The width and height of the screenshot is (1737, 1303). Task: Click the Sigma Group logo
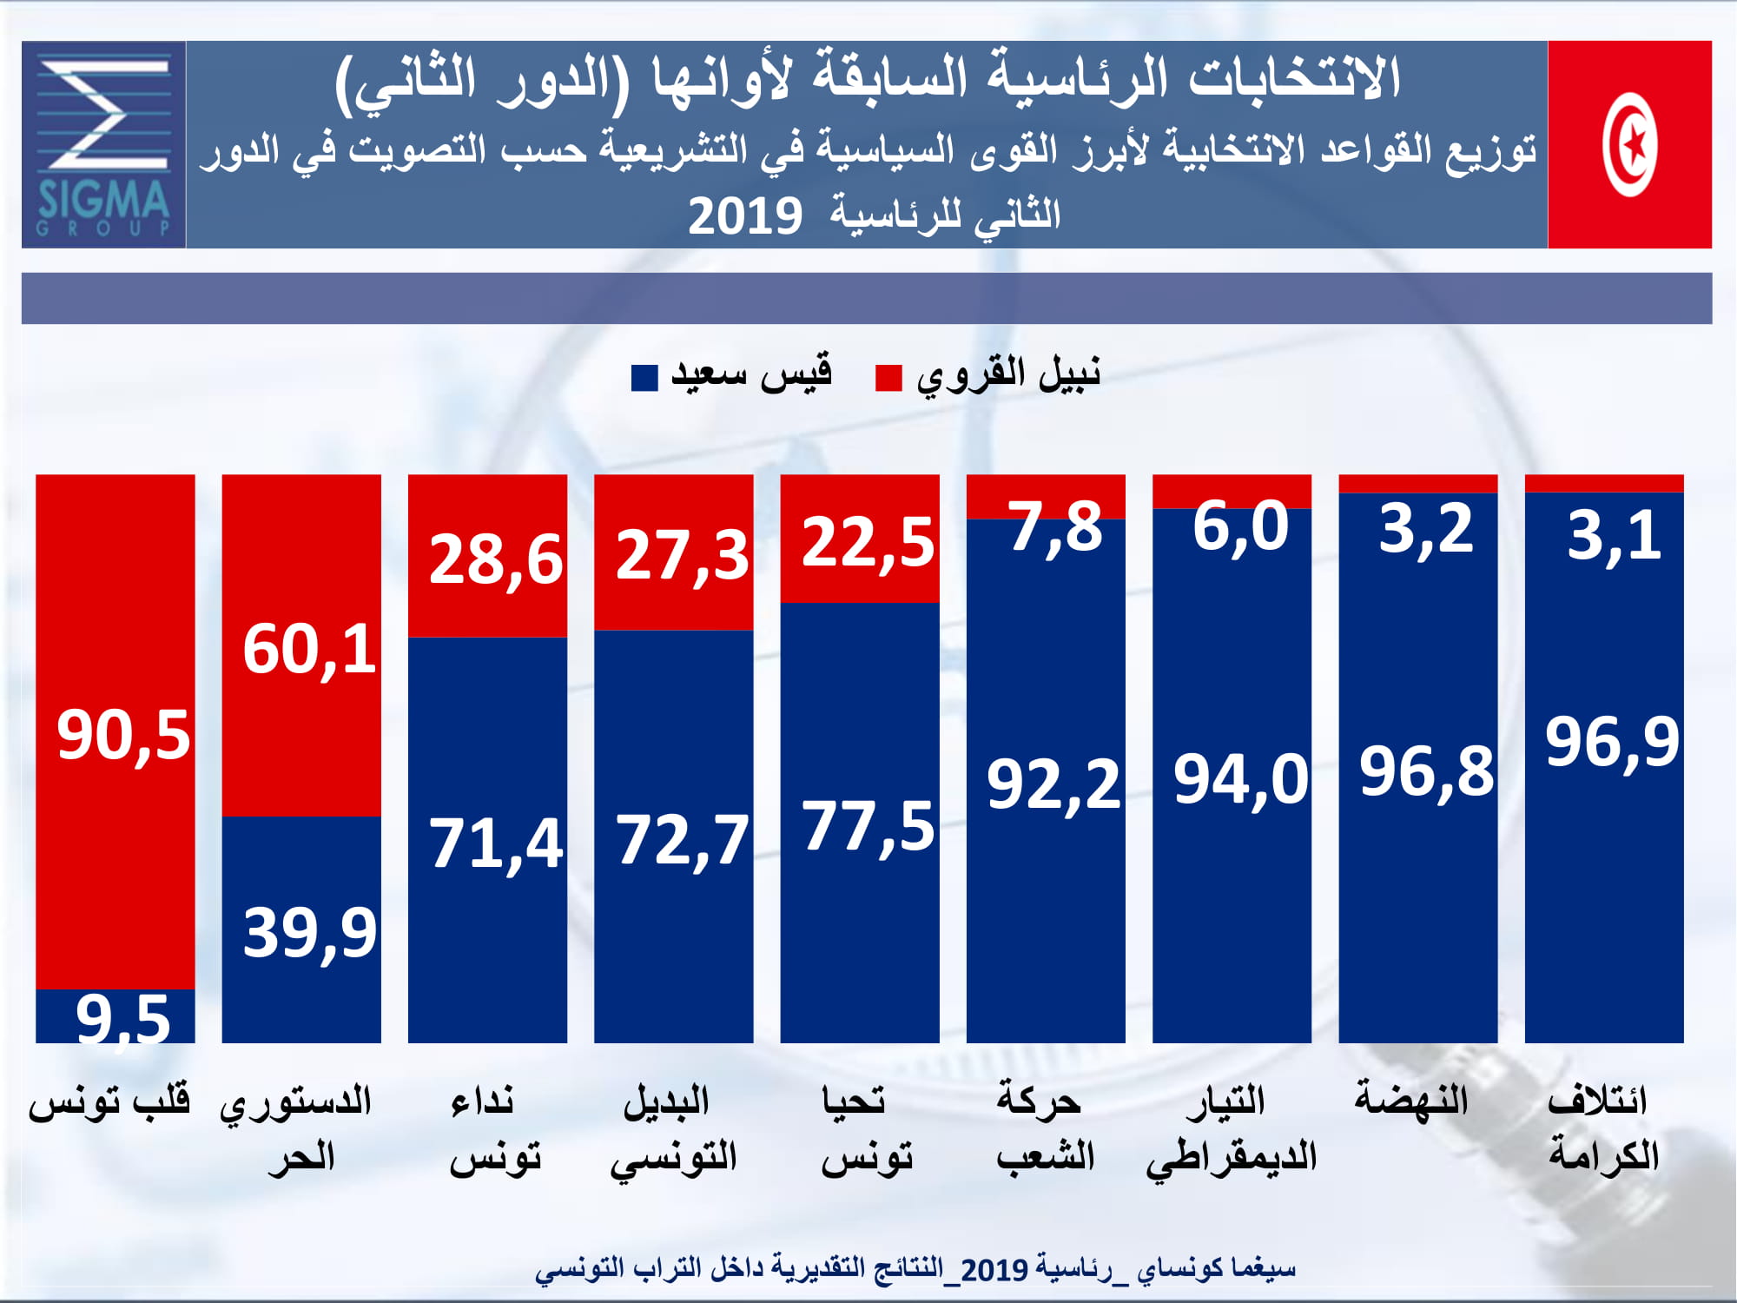click(103, 144)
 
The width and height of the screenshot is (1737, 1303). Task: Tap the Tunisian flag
click(1629, 144)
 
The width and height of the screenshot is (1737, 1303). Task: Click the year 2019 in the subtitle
click(744, 216)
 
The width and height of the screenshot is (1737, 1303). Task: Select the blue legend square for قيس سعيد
click(644, 378)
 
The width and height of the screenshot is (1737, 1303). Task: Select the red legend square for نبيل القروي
click(888, 378)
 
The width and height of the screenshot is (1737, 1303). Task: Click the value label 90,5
click(123, 735)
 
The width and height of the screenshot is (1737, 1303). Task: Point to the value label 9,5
click(123, 1018)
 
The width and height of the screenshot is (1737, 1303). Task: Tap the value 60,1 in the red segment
click(309, 650)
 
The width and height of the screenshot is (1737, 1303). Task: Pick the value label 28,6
click(496, 559)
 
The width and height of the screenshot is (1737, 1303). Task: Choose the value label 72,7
click(682, 840)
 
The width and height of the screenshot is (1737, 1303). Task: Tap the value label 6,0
click(1240, 526)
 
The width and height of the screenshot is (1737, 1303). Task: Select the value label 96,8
click(1426, 771)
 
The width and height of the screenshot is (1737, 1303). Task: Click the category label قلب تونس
click(109, 1101)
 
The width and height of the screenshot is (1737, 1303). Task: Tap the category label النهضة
click(1411, 1100)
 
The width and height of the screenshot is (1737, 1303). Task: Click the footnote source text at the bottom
click(915, 1269)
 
